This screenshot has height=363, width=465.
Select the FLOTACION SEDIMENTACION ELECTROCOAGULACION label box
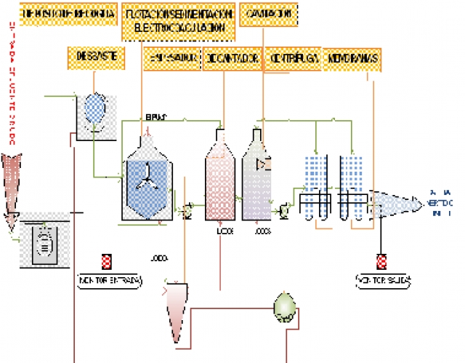179,21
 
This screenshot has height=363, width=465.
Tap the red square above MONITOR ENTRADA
107,261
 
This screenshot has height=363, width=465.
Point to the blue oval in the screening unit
94,107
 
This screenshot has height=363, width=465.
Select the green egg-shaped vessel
284,306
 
